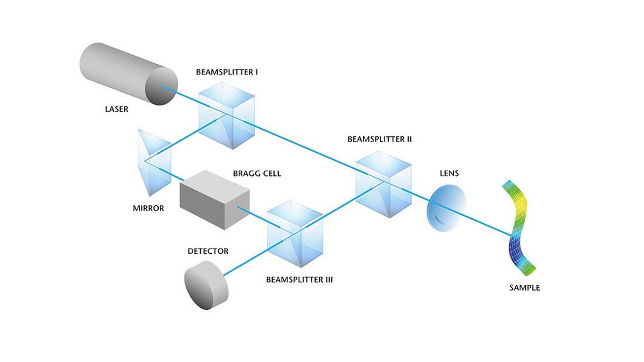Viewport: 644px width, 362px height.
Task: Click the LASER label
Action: point(117,109)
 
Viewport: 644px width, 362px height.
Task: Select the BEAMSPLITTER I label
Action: point(228,73)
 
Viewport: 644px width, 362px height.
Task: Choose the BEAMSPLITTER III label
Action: point(299,280)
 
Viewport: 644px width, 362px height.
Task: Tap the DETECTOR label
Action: point(208,251)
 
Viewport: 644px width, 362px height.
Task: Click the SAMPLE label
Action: point(525,288)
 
